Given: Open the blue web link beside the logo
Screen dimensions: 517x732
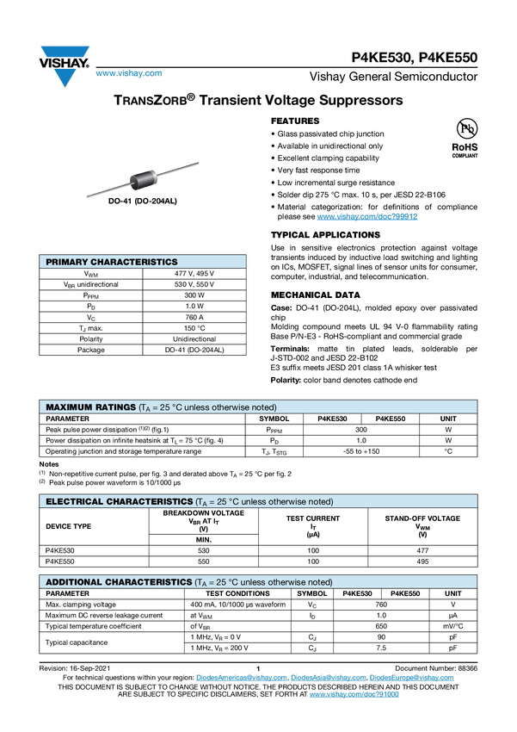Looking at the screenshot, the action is (x=128, y=74).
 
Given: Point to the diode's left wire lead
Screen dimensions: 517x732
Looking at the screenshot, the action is (x=106, y=190).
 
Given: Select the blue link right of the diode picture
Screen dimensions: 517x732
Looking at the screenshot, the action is (x=367, y=217).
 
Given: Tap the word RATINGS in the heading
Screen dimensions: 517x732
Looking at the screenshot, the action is (x=114, y=407).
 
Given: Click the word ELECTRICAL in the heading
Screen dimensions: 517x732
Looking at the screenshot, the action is (x=74, y=501).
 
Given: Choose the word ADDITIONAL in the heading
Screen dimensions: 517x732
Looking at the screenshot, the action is (x=74, y=582).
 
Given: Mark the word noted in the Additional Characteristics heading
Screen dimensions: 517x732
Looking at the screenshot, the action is (x=320, y=582).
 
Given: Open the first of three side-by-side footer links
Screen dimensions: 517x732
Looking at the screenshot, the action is (x=240, y=678).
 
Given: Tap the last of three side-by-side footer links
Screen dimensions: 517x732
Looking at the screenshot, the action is (x=412, y=678).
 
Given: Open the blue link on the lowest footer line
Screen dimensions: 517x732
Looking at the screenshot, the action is (x=354, y=693).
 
